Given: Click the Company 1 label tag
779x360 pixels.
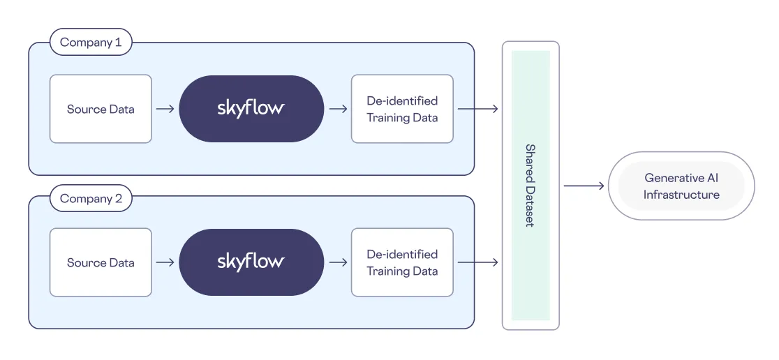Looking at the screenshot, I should click(91, 43).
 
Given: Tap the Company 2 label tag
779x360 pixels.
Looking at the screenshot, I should click(91, 199).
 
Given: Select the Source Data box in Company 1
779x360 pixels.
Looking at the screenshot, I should click(101, 109).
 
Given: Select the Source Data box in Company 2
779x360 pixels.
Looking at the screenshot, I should click(101, 262).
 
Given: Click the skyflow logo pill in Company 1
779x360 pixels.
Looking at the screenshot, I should click(251, 109).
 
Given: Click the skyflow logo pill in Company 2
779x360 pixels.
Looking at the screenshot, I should click(251, 262).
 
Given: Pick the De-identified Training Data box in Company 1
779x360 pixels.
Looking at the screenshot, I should click(402, 109).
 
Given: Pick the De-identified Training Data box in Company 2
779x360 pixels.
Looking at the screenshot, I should click(402, 262).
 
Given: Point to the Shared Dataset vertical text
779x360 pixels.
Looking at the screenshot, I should click(530, 186).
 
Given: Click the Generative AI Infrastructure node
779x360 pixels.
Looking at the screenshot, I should click(681, 186).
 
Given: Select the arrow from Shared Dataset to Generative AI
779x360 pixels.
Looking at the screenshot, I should click(584, 186).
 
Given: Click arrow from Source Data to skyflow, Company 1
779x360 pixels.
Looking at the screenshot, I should click(165, 109).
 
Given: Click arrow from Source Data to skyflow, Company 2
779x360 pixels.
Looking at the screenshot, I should click(165, 262).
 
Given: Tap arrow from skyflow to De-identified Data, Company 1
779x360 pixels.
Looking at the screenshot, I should click(338, 109).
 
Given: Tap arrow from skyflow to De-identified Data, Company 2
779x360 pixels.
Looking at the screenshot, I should click(338, 262).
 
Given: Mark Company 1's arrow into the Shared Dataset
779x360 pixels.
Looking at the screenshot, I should click(477, 109).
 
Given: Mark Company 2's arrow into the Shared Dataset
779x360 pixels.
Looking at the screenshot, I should click(477, 262).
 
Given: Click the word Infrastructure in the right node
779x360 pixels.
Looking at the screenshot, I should click(681, 195).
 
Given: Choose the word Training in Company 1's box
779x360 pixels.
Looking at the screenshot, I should click(388, 118).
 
